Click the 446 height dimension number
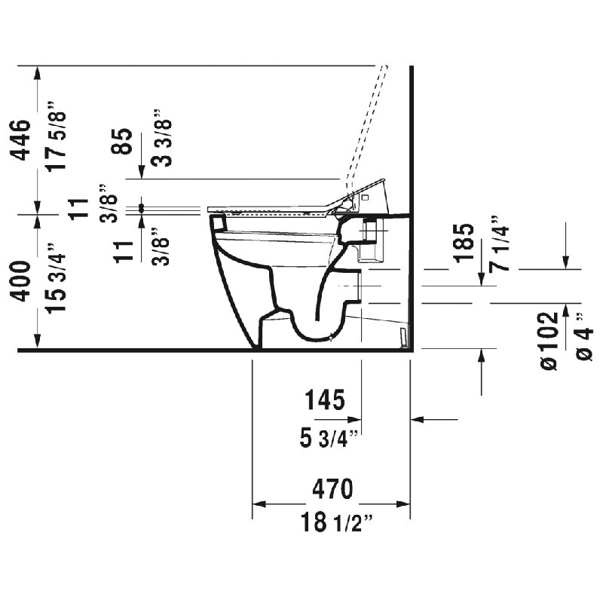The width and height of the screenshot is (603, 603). [x=20, y=140]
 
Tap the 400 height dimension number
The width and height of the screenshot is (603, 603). [x=20, y=281]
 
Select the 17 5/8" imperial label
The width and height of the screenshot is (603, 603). [x=55, y=136]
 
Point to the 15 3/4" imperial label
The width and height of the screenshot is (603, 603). [x=55, y=278]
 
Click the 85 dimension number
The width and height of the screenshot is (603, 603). [x=122, y=142]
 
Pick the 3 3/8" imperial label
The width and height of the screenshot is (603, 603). [x=161, y=138]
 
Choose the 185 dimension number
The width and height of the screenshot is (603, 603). [x=464, y=243]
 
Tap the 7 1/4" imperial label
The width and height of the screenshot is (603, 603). [x=499, y=243]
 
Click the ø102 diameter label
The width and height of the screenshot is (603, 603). [x=549, y=341]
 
